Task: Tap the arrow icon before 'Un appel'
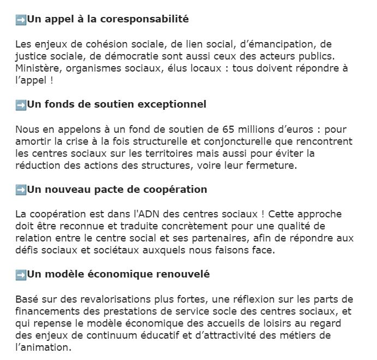(x=21, y=20)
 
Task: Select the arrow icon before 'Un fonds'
(x=21, y=104)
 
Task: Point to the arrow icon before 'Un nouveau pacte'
(x=21, y=190)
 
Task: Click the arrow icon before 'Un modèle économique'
(x=21, y=274)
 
